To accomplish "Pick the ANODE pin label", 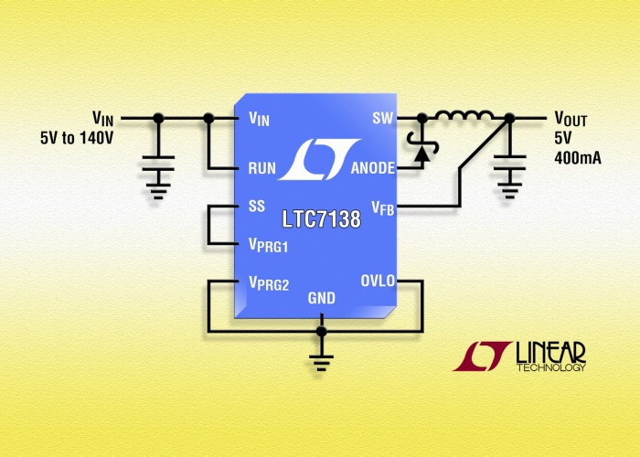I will [372, 168].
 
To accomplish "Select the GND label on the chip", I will [322, 298].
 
